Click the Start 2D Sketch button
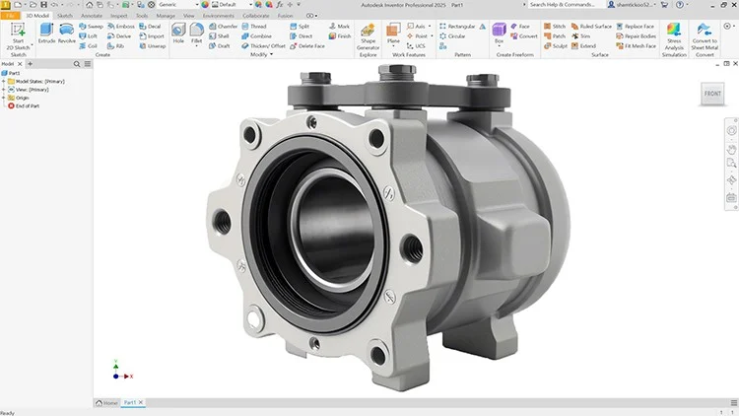point(18,35)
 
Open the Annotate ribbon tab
point(92,16)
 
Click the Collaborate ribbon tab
point(257,16)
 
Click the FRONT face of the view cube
point(711,94)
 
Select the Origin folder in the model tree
point(21,98)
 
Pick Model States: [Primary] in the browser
point(36,81)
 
